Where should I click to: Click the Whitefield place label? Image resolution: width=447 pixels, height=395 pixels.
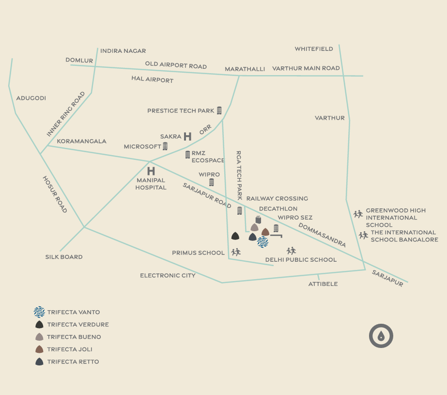tap(314, 49)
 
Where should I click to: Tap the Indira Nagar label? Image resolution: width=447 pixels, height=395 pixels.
tap(123, 51)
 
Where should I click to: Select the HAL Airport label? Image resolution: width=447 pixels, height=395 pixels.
tap(152, 79)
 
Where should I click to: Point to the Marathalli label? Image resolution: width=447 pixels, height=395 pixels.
tap(245, 69)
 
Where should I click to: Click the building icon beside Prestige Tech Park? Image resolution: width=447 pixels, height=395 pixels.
tap(219, 111)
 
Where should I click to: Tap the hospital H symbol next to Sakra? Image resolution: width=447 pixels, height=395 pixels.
tap(187, 137)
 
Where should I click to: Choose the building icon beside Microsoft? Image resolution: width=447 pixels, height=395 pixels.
tap(165, 146)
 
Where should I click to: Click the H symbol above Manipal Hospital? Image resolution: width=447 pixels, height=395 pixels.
tap(151, 171)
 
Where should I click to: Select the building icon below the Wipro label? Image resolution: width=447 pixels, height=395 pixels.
tap(211, 182)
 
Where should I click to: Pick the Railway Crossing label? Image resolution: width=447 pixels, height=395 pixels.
tap(277, 199)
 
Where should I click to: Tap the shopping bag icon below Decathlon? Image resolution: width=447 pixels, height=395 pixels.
tap(258, 220)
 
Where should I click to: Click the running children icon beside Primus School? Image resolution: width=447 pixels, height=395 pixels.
tap(236, 252)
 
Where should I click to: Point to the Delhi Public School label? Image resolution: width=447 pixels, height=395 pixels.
tap(301, 260)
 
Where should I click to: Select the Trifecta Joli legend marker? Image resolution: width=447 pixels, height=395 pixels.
tap(40, 349)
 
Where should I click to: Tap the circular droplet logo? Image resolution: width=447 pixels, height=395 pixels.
tap(381, 336)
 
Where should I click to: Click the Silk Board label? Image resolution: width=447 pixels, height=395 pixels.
tap(64, 257)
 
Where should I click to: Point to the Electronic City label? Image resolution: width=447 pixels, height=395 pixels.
tap(168, 275)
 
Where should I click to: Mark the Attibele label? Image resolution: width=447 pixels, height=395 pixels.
tap(323, 284)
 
